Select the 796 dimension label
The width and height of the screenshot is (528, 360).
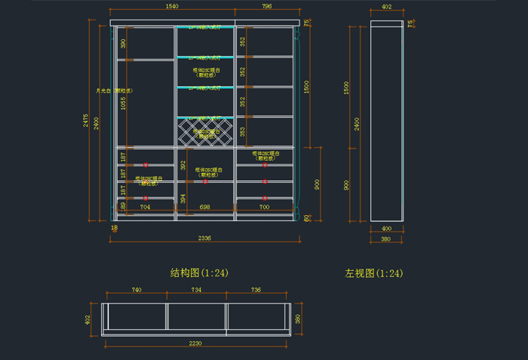[266, 6]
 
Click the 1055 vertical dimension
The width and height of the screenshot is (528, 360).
[124, 103]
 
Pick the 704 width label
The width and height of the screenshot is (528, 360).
[145, 206]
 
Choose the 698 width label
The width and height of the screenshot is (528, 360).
[204, 206]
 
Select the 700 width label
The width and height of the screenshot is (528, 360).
[264, 206]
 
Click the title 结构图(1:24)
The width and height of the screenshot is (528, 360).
[199, 272]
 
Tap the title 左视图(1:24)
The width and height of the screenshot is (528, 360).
[373, 272]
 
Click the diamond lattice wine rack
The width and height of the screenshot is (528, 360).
[205, 134]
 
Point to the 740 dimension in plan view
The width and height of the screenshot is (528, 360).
[137, 289]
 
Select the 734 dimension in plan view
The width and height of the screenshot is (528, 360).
[196, 289]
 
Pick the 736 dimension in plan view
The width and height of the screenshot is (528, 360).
[256, 289]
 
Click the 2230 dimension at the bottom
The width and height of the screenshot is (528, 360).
[196, 343]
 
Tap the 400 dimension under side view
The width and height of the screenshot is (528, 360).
[386, 228]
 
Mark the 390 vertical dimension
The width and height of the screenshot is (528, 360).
[124, 43]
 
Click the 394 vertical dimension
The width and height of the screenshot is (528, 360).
[183, 198]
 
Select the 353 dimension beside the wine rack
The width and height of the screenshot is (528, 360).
[243, 131]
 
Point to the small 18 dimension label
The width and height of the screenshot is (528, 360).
[115, 227]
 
